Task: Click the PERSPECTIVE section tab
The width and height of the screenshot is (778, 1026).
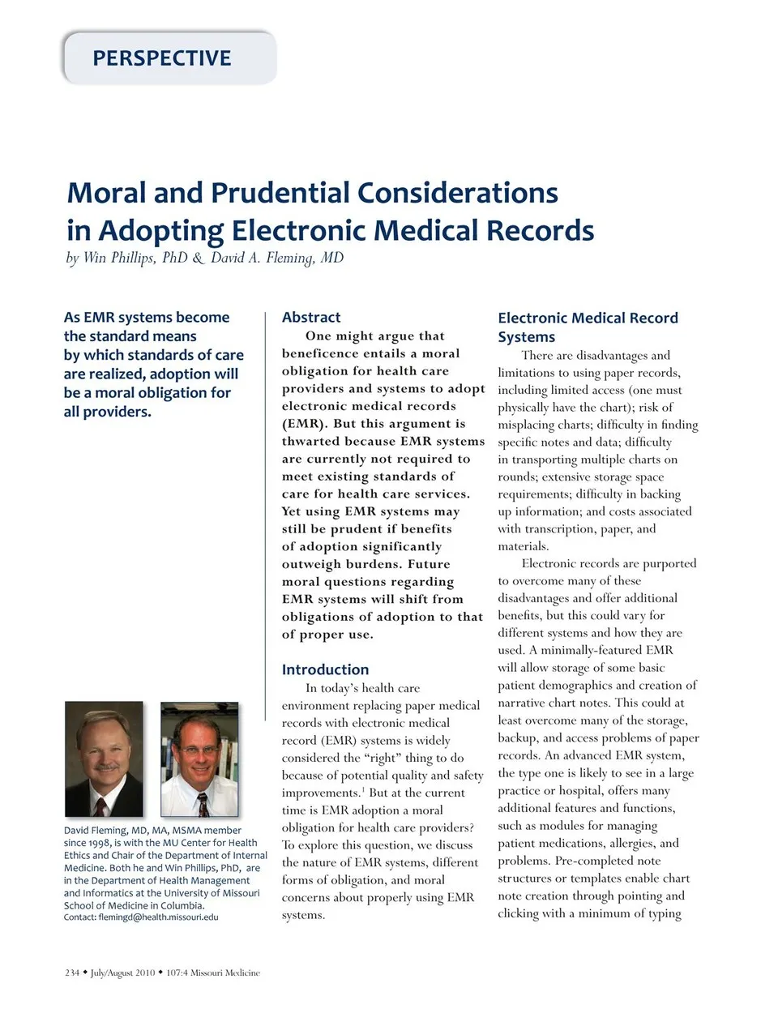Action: click(x=162, y=58)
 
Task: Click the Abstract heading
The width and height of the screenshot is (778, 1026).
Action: click(x=311, y=318)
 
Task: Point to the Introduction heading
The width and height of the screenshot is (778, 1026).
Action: click(x=325, y=669)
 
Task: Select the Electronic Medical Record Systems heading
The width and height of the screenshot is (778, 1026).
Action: click(x=588, y=327)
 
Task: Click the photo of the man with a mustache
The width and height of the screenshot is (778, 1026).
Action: click(x=104, y=759)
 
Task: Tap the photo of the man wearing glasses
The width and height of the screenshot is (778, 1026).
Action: click(x=199, y=759)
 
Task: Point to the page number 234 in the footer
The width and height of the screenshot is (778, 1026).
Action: click(x=72, y=973)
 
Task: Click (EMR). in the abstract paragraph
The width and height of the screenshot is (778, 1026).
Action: click(x=305, y=424)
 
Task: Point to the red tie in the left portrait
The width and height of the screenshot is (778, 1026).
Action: click(x=100, y=806)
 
